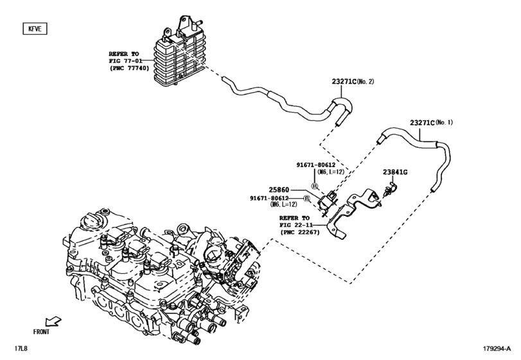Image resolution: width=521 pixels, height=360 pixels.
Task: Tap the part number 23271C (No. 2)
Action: pos(352,82)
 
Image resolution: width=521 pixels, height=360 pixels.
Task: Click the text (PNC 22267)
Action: pos(300,232)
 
